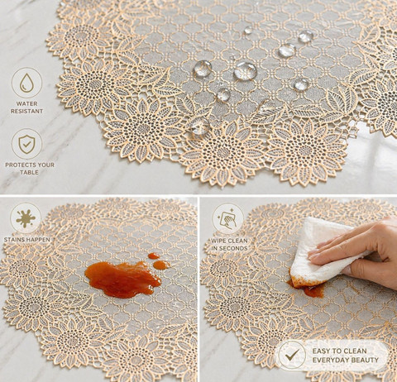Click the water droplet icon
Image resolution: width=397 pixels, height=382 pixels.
click(x=26, y=83)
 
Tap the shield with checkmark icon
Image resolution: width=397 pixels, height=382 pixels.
click(x=26, y=144)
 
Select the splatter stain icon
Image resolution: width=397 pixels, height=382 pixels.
click(x=26, y=218)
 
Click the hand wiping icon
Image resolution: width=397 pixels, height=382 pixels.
click(x=227, y=219)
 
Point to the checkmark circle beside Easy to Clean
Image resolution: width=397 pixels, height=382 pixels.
click(x=292, y=355)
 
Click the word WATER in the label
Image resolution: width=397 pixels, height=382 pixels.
click(x=26, y=103)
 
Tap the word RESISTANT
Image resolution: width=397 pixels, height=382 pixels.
click(x=26, y=111)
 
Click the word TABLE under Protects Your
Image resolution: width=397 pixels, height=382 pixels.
click(x=29, y=172)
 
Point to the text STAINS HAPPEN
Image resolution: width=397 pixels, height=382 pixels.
click(x=27, y=240)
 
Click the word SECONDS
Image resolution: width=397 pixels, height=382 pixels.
click(x=233, y=248)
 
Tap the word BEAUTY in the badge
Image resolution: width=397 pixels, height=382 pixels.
click(x=366, y=360)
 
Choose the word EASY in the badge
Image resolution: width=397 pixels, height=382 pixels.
click(x=321, y=351)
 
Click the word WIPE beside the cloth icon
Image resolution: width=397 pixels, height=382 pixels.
click(x=218, y=241)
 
